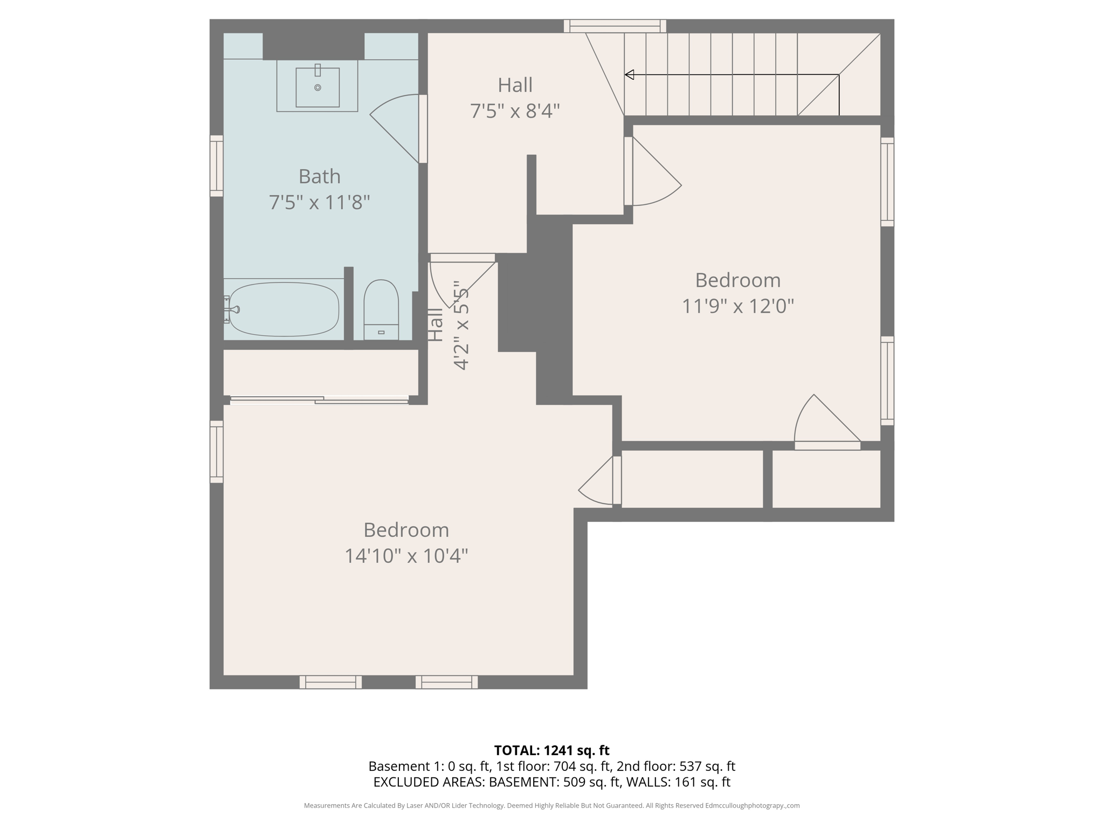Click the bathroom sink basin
tap(318, 87)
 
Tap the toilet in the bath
tap(381, 310)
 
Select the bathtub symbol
tap(284, 309)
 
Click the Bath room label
tap(319, 176)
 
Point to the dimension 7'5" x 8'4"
tap(515, 111)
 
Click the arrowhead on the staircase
tap(629, 75)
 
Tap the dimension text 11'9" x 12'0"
tap(737, 306)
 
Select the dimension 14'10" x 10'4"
tap(406, 556)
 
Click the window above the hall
tap(615, 26)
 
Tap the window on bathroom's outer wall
tap(216, 165)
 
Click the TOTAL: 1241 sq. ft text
tap(551, 750)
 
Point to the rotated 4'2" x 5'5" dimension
tap(461, 325)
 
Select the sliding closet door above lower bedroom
tap(319, 399)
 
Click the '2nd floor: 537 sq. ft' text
tap(675, 766)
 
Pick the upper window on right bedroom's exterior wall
tap(887, 182)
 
